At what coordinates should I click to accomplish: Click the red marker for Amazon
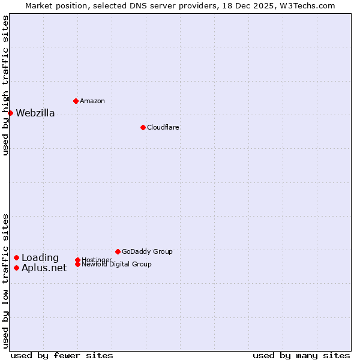(x=76, y=101)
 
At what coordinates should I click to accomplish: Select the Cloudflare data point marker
(x=143, y=127)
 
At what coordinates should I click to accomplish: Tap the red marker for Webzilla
(x=10, y=113)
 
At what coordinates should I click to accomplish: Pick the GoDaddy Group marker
(x=118, y=251)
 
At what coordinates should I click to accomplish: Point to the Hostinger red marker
(x=77, y=260)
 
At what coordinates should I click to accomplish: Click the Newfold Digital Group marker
(x=77, y=264)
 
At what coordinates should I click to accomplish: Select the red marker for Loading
(x=16, y=257)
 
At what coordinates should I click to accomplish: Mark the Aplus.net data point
(x=16, y=268)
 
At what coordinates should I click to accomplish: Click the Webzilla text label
(x=35, y=113)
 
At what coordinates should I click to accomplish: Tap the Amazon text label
(x=92, y=101)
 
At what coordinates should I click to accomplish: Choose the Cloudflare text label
(x=163, y=127)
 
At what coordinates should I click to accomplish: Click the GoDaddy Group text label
(x=147, y=251)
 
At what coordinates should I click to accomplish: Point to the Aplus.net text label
(x=44, y=268)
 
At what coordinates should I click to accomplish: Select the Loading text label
(x=40, y=258)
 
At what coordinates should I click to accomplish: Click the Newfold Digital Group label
(x=117, y=265)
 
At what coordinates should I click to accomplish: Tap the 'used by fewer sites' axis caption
(x=62, y=355)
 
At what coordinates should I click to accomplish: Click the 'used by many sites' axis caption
(x=301, y=355)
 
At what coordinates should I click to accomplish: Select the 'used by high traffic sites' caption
(x=6, y=86)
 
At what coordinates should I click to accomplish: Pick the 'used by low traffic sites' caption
(x=6, y=281)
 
